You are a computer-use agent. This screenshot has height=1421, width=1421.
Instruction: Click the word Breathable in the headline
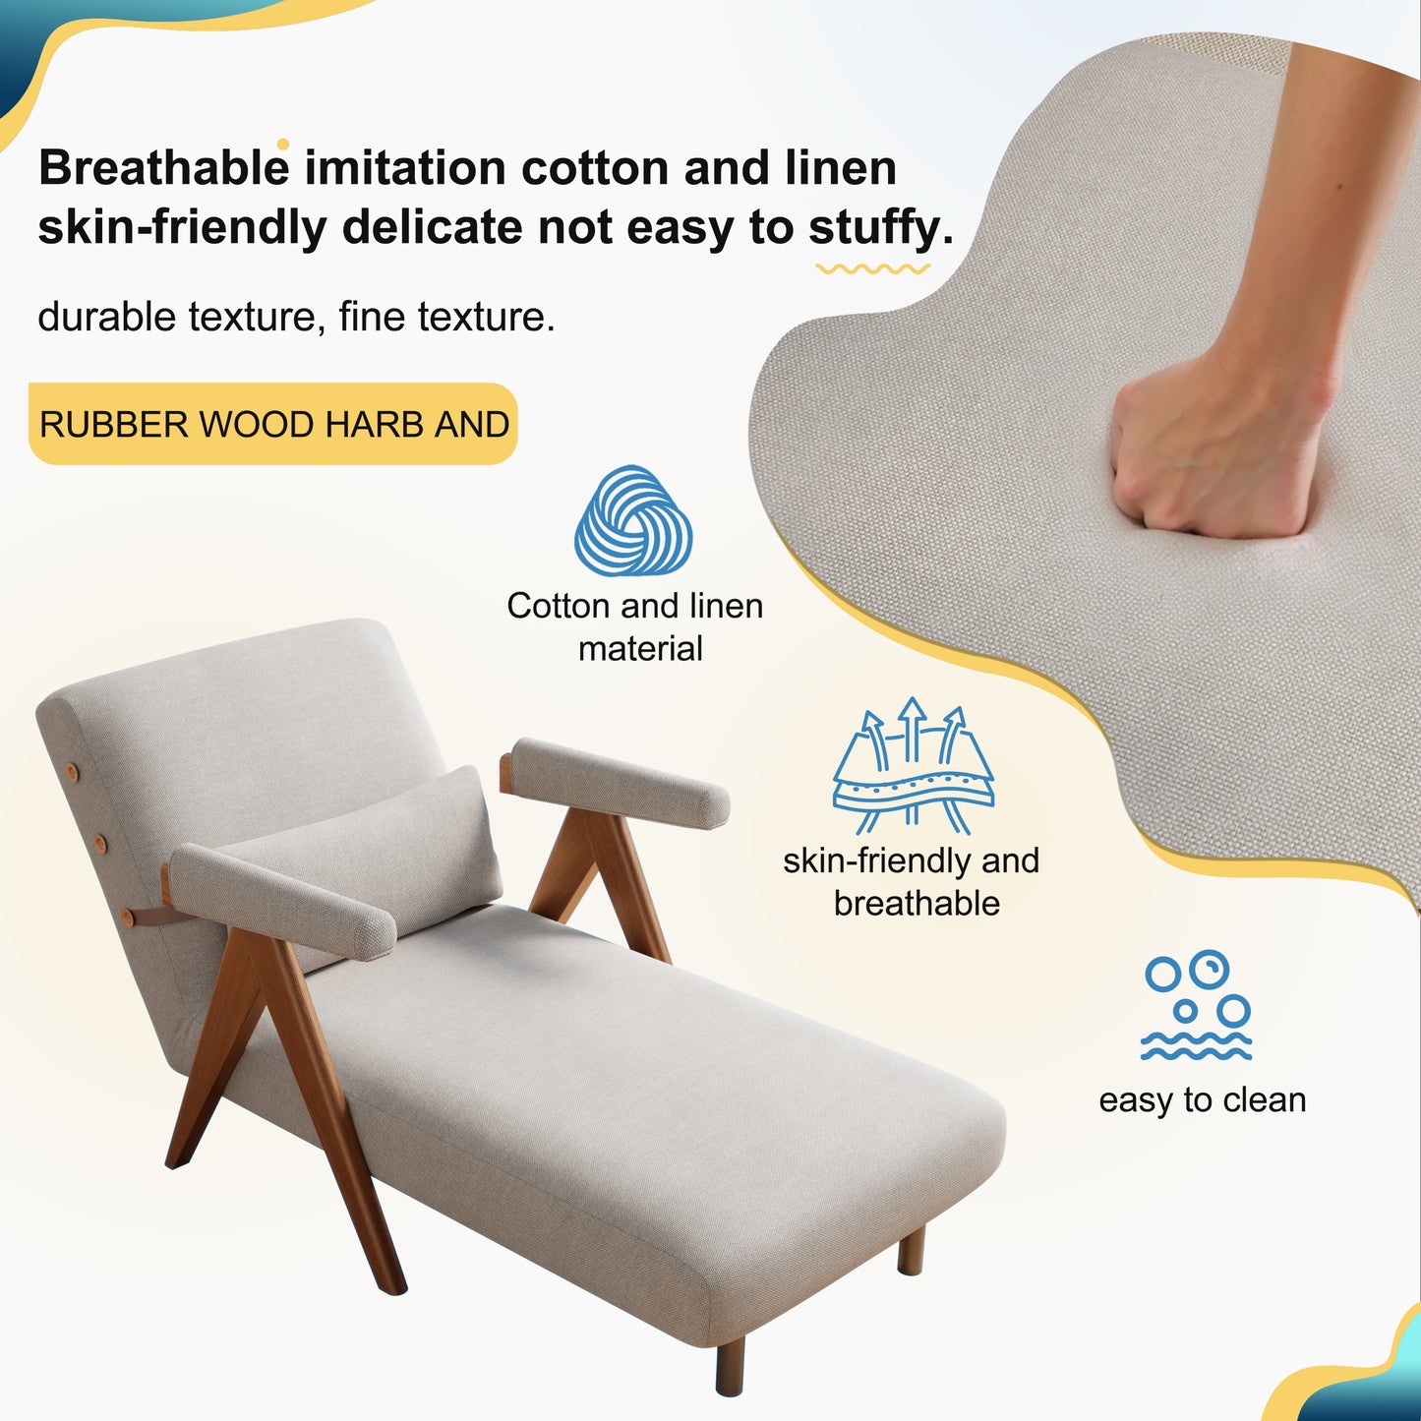pos(164,169)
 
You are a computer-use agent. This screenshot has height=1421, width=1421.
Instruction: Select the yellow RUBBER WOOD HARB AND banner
pos(273,424)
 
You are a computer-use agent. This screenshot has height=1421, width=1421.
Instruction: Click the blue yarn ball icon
pos(633,521)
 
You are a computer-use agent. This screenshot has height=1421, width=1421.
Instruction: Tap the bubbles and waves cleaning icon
pos(1197,1005)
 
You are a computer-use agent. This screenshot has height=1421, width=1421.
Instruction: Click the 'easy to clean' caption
pos(1202,1099)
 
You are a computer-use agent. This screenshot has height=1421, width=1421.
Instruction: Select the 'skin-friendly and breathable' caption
pos(912,881)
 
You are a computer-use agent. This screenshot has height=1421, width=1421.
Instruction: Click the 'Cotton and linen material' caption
pos(635,626)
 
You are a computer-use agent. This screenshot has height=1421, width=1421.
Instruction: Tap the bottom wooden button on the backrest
pos(127,918)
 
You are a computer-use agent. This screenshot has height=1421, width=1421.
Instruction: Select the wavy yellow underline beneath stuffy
pos(872,268)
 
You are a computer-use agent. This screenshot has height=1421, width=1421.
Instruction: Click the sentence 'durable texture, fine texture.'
pos(296,317)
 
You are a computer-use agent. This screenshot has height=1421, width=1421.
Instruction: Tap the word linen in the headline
pos(841,169)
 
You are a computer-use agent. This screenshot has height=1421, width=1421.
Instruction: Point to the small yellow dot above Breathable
pos(283,145)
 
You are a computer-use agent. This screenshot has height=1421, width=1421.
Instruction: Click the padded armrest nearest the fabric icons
pos(620,782)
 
